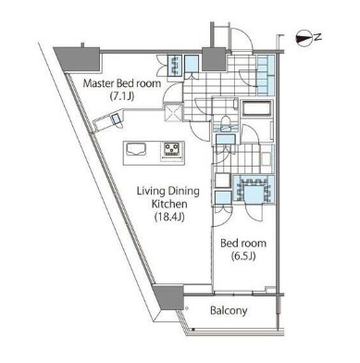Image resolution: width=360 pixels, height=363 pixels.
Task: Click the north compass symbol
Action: click(304, 38)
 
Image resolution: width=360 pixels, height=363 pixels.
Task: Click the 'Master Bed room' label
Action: click(121, 82)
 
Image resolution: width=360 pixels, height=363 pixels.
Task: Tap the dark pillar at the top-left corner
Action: click(70, 56)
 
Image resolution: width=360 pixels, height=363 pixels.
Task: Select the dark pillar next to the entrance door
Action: click(213, 57)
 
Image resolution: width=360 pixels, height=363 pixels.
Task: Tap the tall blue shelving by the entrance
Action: click(267, 73)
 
